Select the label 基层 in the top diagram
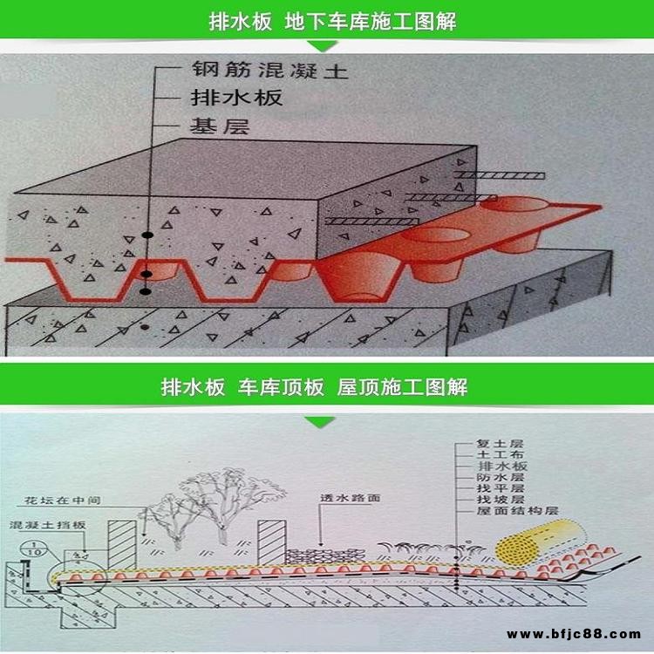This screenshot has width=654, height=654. coord(220,126)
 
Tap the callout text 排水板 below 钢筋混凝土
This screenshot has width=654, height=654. coord(235,98)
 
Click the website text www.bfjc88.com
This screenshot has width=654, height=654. coord(574,634)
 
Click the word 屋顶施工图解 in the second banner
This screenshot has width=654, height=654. coord(402,386)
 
